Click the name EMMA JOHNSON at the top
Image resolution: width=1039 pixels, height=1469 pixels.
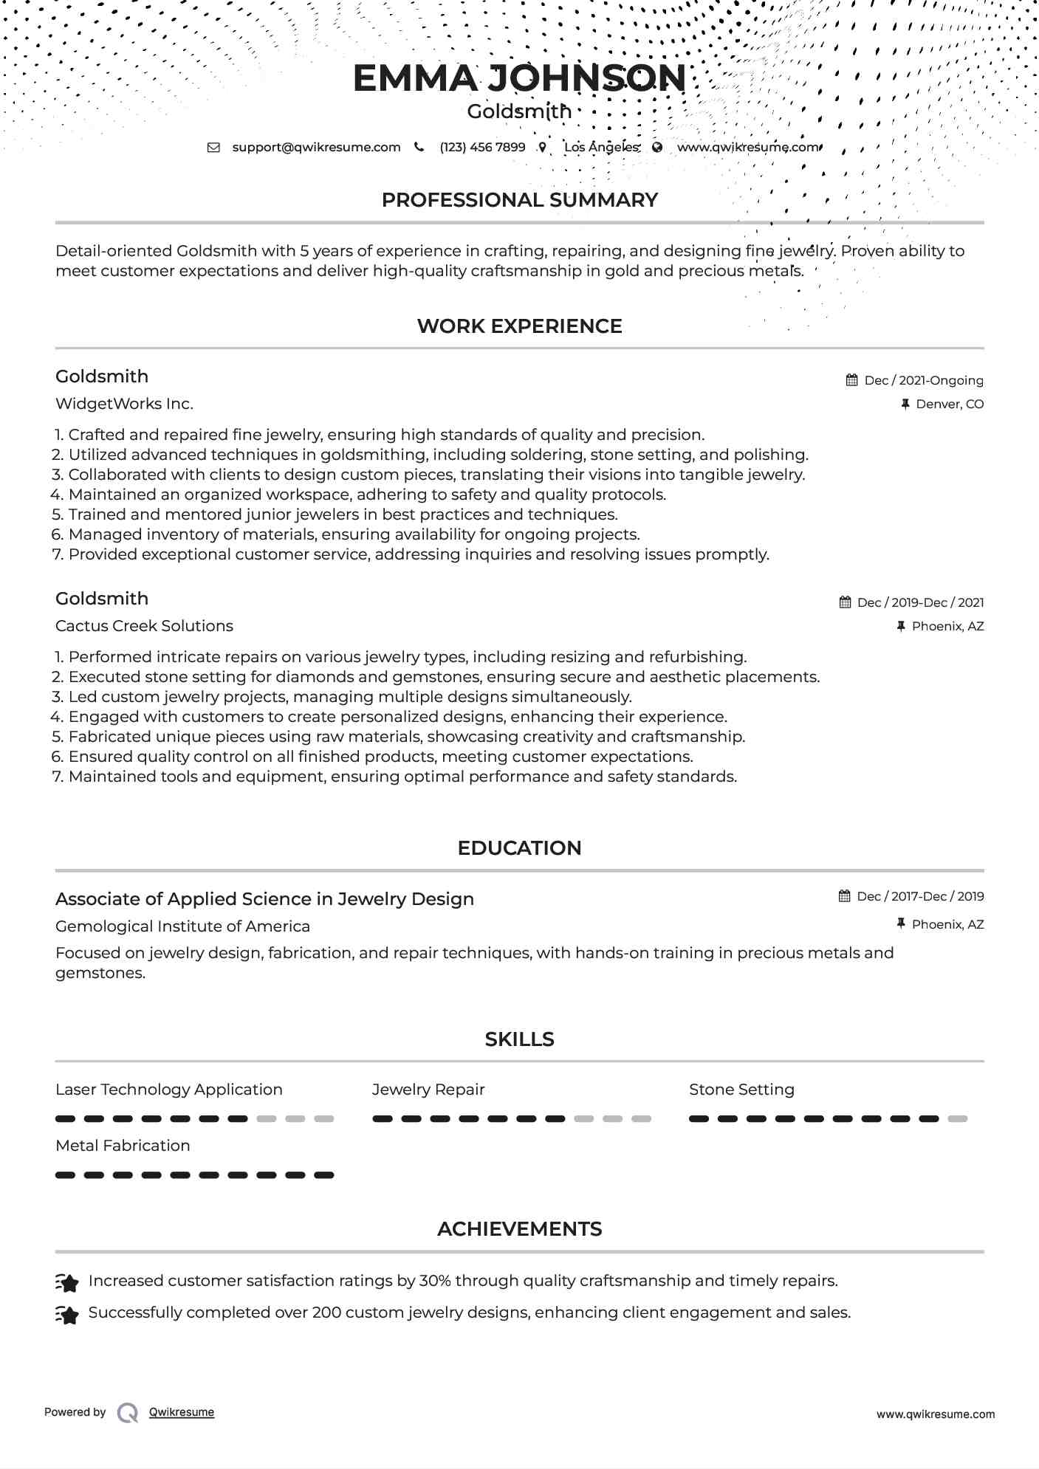coord(519,78)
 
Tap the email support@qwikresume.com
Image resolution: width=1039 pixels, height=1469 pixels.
coord(316,147)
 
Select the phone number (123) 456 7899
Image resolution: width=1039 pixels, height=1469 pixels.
coord(482,147)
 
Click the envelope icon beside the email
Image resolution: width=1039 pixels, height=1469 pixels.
coord(213,147)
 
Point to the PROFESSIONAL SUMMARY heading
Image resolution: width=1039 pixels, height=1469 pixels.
coord(519,200)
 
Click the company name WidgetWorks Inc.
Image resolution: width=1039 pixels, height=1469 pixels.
coord(124,404)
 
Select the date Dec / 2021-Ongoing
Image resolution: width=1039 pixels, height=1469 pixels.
coord(923,380)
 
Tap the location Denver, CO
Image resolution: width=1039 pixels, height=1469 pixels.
coord(949,404)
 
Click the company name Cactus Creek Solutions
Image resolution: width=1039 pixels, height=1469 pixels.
coord(144,626)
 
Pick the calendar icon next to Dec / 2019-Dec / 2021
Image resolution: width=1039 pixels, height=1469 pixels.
coord(845,602)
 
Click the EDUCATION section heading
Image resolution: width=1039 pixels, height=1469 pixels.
coord(519,848)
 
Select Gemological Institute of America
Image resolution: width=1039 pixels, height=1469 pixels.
coord(182,926)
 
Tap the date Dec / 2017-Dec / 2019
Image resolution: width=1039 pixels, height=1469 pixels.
coord(920,896)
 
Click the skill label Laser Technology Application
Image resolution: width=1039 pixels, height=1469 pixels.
coord(168,1090)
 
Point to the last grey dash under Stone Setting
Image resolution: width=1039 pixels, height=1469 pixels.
coord(958,1119)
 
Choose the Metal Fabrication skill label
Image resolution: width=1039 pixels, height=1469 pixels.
coord(123,1146)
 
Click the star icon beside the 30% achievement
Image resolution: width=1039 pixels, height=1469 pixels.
coord(67,1283)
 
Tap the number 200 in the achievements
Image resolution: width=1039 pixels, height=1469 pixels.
coord(326,1313)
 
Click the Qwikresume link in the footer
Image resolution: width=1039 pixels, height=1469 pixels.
coord(181,1412)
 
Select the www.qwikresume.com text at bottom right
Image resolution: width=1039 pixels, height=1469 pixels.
coord(935,1414)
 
